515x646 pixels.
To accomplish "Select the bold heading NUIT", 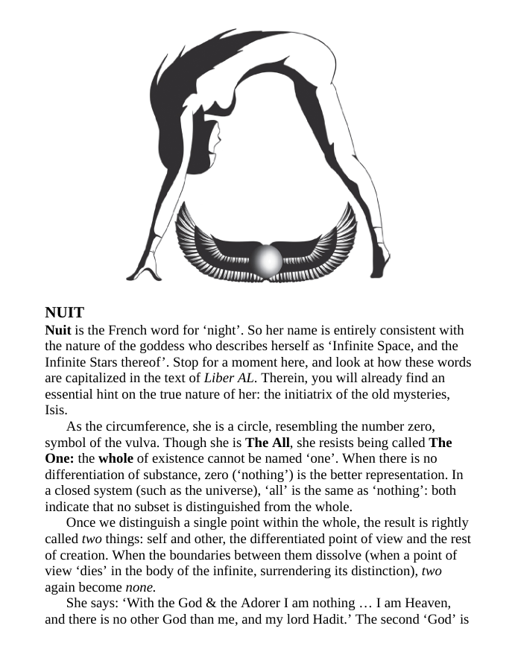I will pos(65,312).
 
